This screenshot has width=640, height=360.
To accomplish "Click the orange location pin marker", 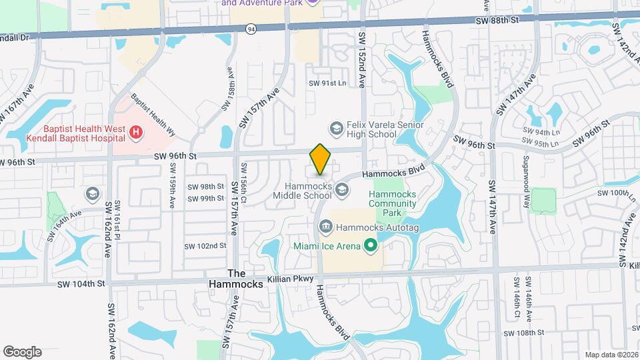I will [x=321, y=159].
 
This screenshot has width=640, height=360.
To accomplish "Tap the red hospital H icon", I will [x=136, y=133].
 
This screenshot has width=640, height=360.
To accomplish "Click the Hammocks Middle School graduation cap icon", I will [x=342, y=191].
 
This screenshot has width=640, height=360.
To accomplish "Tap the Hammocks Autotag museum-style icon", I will [x=325, y=227].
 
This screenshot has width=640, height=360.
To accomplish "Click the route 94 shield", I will [x=251, y=29].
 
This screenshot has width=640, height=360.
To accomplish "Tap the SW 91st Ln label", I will [x=327, y=83].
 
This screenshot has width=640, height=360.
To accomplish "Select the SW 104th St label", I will [x=81, y=283].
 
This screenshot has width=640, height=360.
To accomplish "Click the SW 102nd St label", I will [x=207, y=246].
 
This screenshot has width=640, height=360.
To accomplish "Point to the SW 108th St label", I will [x=525, y=333].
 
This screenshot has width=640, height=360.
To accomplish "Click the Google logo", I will [x=22, y=351].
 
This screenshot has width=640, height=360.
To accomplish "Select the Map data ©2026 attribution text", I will [x=611, y=355].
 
